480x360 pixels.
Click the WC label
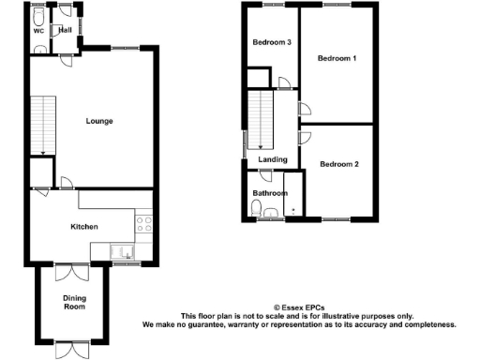point(39,31)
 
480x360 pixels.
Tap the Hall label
point(65,30)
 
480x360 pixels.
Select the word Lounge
point(100,120)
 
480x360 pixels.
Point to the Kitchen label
point(85,226)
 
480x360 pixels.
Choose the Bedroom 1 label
point(337,59)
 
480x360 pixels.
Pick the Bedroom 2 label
point(339,164)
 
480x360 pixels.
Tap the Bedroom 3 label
point(272,43)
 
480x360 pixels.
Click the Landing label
point(273,159)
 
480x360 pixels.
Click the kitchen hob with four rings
point(145,224)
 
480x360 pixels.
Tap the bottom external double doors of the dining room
point(71,347)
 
